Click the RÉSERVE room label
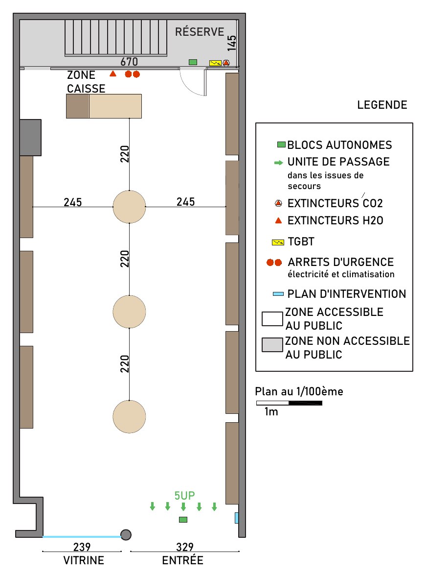tap(200, 32)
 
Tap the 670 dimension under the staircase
tap(129, 61)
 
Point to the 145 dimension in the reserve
tap(231, 43)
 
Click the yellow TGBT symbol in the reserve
tap(215, 63)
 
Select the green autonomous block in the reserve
tap(193, 62)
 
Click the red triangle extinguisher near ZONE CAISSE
tap(113, 74)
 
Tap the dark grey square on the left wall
tap(30, 138)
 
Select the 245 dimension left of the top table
tap(73, 202)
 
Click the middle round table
tap(129, 312)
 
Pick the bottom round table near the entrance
tap(129, 416)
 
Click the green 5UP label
tap(184, 496)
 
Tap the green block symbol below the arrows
tap(183, 520)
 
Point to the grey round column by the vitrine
tap(126, 535)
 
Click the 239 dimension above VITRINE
tap(82, 547)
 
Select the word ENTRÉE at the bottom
tap(183, 560)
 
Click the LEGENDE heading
tap(382, 105)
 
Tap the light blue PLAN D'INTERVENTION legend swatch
tap(278, 294)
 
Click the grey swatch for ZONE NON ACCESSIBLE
tap(272, 345)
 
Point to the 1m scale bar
tap(289, 403)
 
